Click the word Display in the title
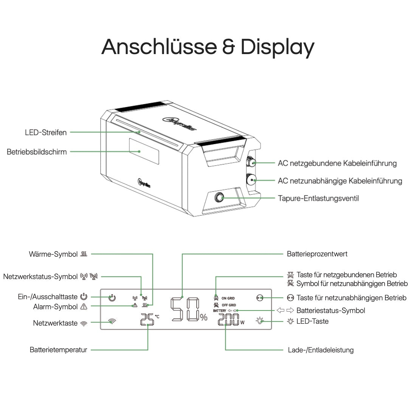click(x=277, y=47)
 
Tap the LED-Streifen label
click(x=46, y=132)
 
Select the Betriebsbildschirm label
click(x=37, y=152)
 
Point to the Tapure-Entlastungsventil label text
click(x=318, y=198)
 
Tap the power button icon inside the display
click(x=112, y=298)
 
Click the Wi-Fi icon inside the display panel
click(x=112, y=322)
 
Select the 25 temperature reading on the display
click(x=147, y=320)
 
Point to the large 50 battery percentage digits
click(x=185, y=309)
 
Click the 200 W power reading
click(x=228, y=320)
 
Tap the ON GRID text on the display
click(x=228, y=298)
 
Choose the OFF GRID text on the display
click(x=229, y=305)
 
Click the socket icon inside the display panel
click(x=259, y=298)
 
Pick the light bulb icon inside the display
click(x=259, y=321)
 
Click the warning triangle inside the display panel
click(x=134, y=305)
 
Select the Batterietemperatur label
click(x=58, y=350)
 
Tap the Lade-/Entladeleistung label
click(x=321, y=350)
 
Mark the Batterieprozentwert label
click(x=317, y=254)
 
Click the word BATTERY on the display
click(x=219, y=311)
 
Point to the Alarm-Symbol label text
click(x=55, y=307)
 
